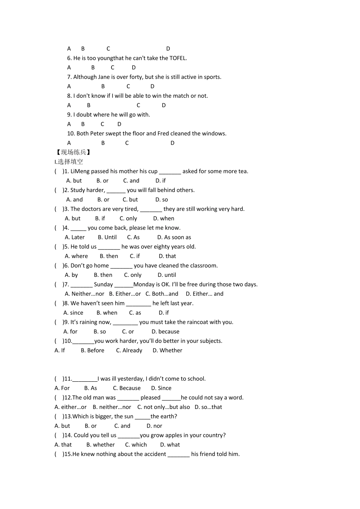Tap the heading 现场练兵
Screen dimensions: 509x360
pos(74,152)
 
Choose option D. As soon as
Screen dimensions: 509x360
pos(174,237)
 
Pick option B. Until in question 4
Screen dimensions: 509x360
pos(107,237)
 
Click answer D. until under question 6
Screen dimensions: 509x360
pos(167,275)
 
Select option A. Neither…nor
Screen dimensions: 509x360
pos(84,294)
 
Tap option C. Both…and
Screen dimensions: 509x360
pos(162,294)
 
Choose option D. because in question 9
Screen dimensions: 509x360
pos(165,332)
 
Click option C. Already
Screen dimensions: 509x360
pos(129,351)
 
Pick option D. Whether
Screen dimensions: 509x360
pos(167,351)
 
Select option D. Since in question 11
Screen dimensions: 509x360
pos(161,388)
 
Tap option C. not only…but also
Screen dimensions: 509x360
pos(164,407)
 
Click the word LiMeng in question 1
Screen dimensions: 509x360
pos(80,171)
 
